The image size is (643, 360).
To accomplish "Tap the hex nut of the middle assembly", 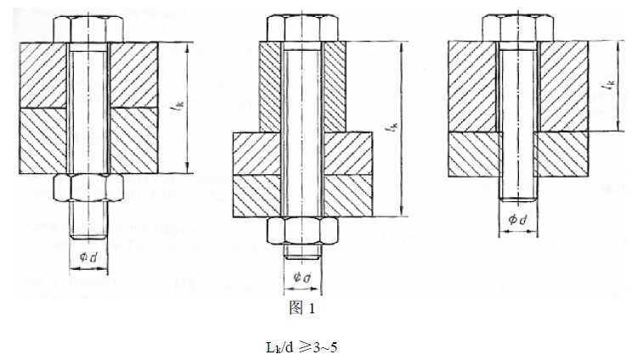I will [x=302, y=230].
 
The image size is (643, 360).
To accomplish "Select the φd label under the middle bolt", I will [x=302, y=277].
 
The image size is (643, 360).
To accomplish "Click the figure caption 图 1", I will [x=302, y=309].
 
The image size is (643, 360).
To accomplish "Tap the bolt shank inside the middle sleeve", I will [x=302, y=127].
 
